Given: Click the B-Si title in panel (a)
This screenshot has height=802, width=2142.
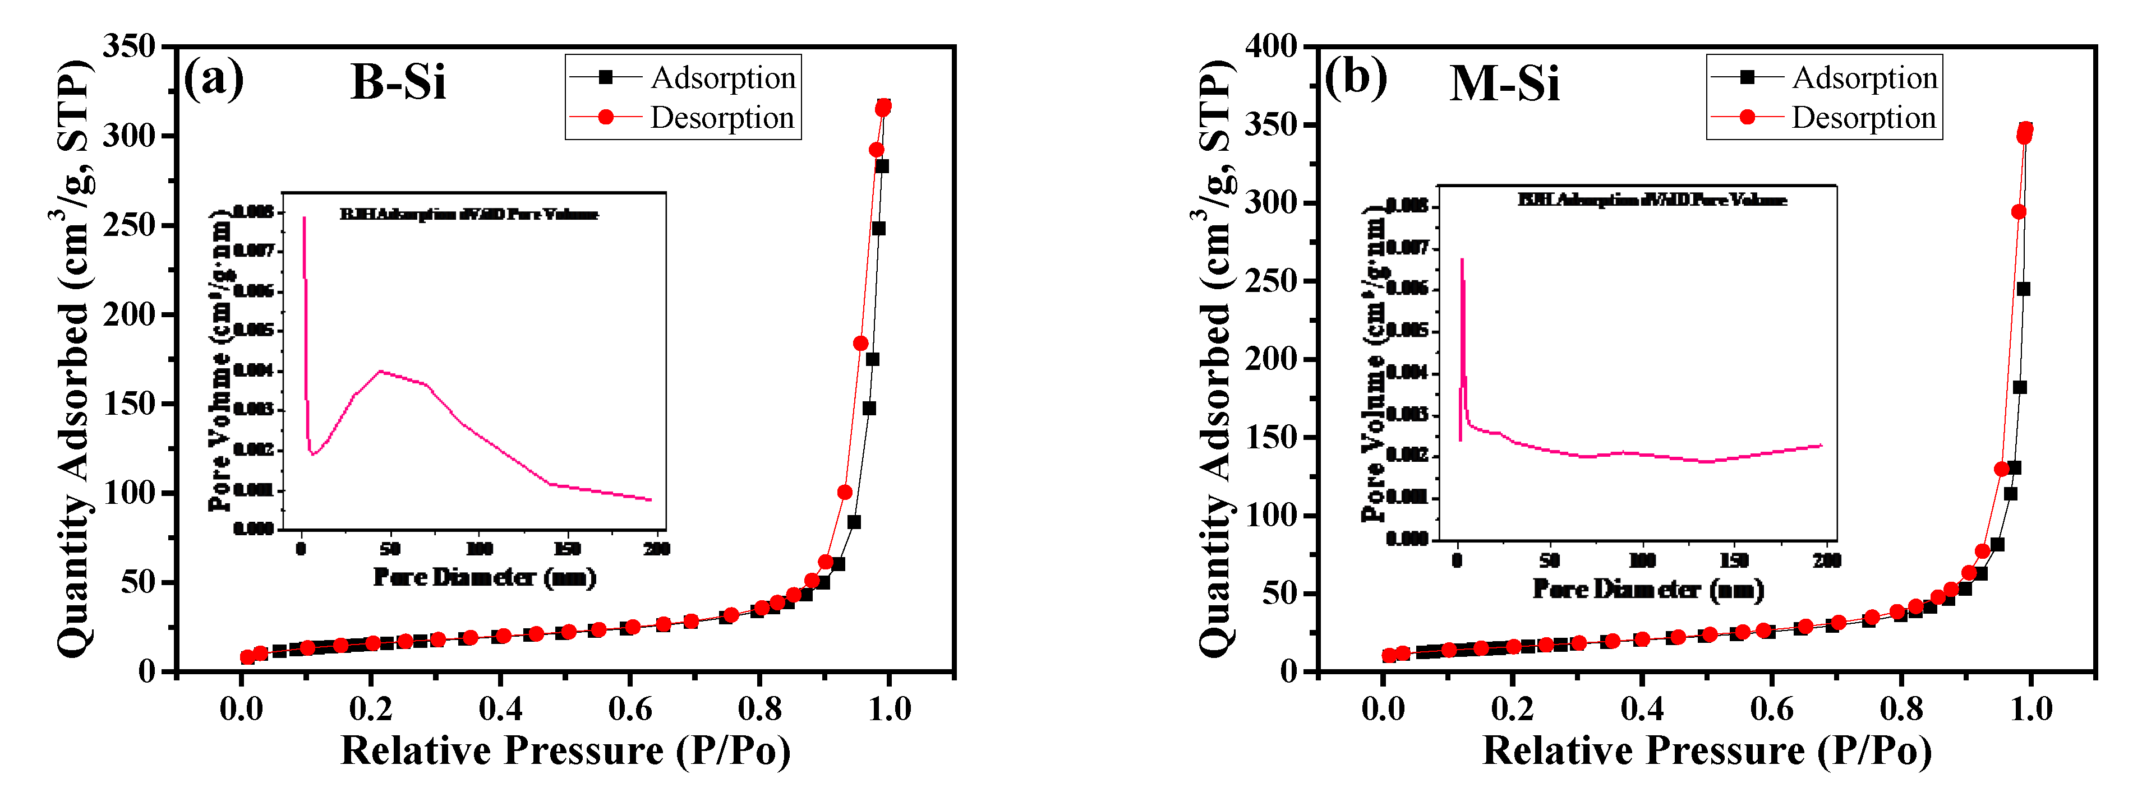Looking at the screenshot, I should pos(398,82).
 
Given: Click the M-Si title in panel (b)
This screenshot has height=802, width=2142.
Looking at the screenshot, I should pos(1504,84).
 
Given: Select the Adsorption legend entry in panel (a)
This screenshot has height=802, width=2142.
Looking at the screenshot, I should pos(722,77).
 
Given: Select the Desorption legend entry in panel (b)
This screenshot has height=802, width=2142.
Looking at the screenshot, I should pos(1863,117).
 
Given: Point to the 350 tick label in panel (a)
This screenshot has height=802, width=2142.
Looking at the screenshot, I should pos(129,46).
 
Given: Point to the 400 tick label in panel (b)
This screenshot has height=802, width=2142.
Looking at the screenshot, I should pos(1270,46).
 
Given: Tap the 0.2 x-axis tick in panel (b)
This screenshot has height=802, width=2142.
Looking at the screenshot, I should pos(1513,709).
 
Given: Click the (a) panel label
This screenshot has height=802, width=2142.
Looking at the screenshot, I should pos(214,79).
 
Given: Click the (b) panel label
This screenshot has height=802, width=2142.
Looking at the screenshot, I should pos(1356,79).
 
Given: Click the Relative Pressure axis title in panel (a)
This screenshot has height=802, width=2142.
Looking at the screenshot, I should pos(565,750).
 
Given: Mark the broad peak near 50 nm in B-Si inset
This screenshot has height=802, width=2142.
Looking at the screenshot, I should pos(381,372).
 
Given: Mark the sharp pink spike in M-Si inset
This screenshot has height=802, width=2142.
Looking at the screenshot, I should pos(1462,261).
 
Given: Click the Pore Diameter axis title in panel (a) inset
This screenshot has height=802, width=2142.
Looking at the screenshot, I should pos(484,577).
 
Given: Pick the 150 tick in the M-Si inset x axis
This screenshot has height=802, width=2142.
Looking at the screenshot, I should pos(1734,560).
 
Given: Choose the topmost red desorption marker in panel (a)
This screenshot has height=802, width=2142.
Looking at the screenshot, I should pos(883,109).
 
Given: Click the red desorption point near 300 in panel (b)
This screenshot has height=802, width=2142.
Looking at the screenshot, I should pos(2018,212).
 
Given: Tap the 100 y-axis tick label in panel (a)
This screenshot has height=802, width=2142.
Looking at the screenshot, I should pos(129,492).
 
